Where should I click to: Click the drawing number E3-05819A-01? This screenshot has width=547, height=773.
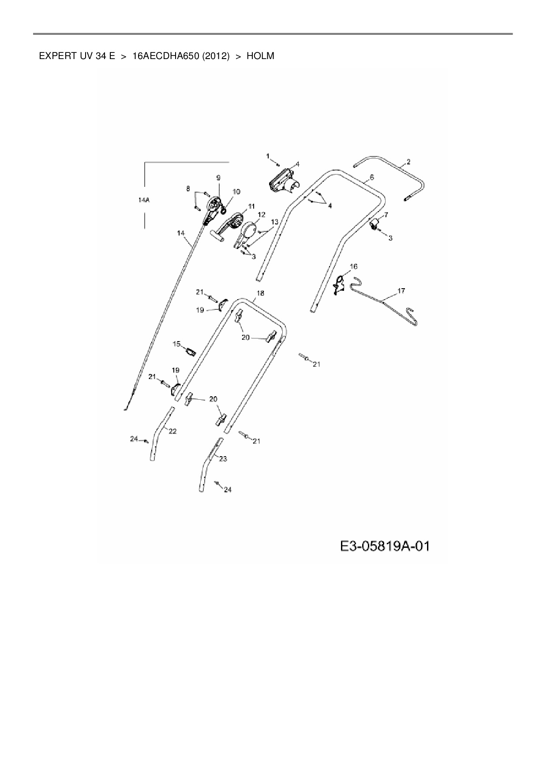pyautogui.click(x=385, y=546)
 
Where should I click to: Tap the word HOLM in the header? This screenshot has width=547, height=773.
pyautogui.click(x=260, y=56)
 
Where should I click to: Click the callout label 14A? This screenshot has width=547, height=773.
pyautogui.click(x=144, y=200)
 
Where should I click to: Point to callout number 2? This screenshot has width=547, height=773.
pyautogui.click(x=408, y=162)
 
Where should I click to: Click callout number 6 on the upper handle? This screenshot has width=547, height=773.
pyautogui.click(x=371, y=177)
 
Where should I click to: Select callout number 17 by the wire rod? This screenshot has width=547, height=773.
pyautogui.click(x=401, y=291)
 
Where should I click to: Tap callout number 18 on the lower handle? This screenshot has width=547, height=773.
pyautogui.click(x=260, y=293)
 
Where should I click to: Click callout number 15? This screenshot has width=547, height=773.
pyautogui.click(x=176, y=344)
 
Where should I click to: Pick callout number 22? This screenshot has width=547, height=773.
pyautogui.click(x=172, y=431)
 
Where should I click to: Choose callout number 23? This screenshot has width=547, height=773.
pyautogui.click(x=223, y=459)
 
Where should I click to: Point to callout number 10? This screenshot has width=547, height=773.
pyautogui.click(x=236, y=191)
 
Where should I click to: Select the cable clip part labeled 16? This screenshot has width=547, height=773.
pyautogui.click(x=339, y=283)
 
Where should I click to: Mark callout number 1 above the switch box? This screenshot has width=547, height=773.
pyautogui.click(x=268, y=156)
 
